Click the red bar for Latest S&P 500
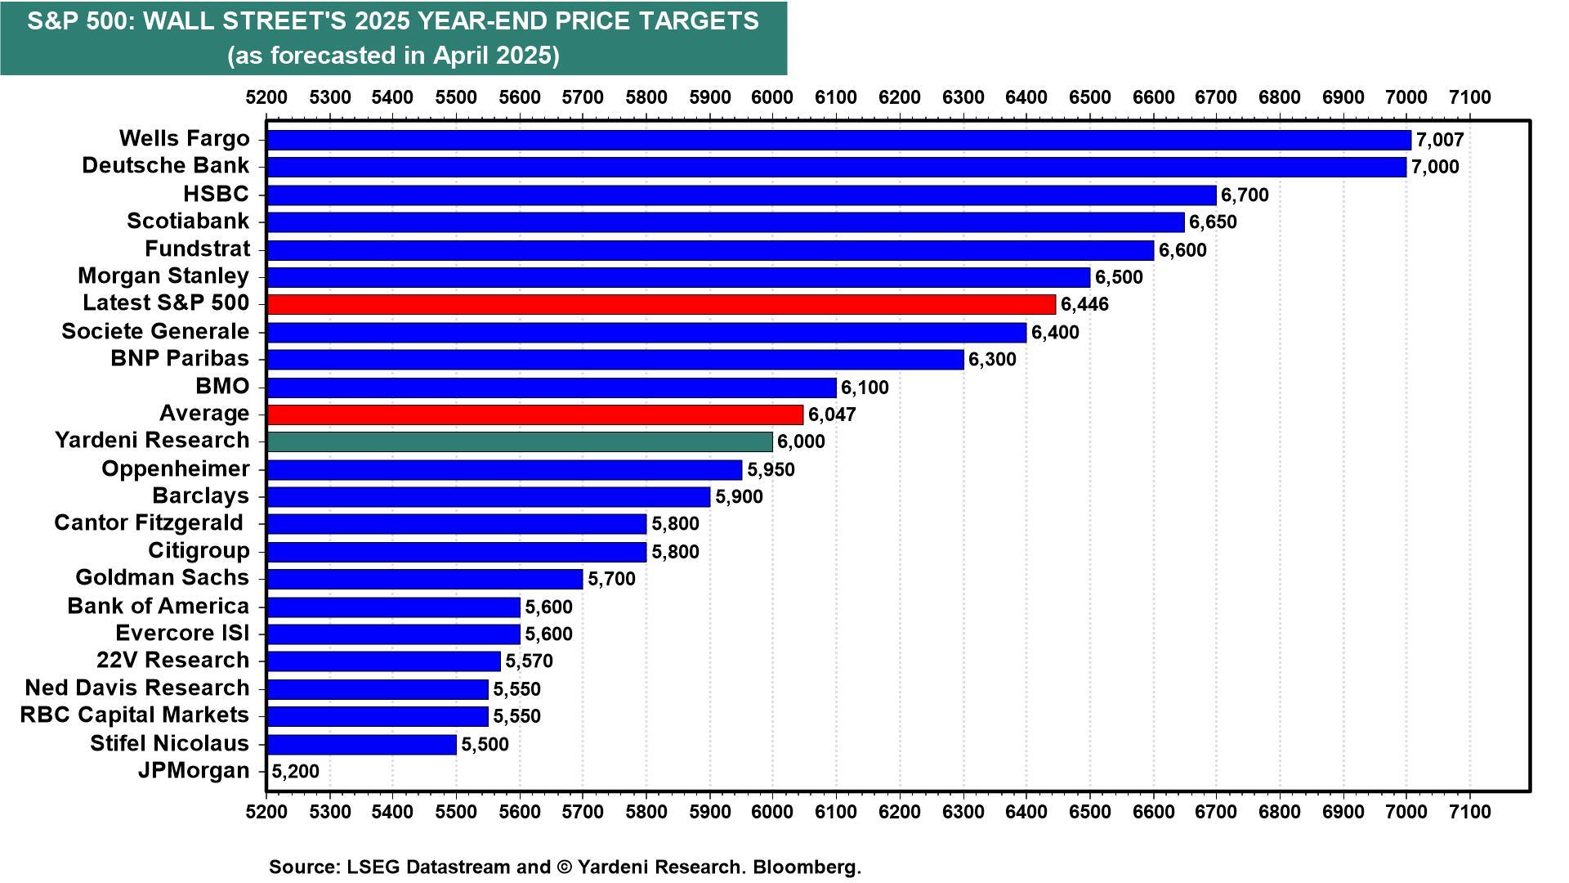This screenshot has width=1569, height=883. point(660,304)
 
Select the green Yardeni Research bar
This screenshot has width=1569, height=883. point(519,441)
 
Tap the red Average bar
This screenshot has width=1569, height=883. point(534,415)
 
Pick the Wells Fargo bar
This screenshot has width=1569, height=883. point(838,140)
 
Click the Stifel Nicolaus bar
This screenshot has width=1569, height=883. point(361,744)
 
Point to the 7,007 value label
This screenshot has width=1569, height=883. point(1440,140)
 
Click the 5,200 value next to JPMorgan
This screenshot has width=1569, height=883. point(295,771)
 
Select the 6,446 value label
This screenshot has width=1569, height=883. point(1084,305)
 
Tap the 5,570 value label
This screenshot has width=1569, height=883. point(529,661)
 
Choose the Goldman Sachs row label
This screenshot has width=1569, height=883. point(162,577)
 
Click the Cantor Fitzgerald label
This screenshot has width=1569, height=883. point(149,522)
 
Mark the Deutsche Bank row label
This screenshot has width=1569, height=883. point(165,165)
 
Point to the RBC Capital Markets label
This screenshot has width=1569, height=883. point(134,715)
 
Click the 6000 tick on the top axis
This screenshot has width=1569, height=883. point(772,97)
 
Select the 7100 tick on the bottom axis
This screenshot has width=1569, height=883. point(1469,812)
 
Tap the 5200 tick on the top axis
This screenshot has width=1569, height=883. point(266,97)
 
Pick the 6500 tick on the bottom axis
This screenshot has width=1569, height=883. point(1089,812)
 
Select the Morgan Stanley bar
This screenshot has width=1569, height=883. point(677,277)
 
